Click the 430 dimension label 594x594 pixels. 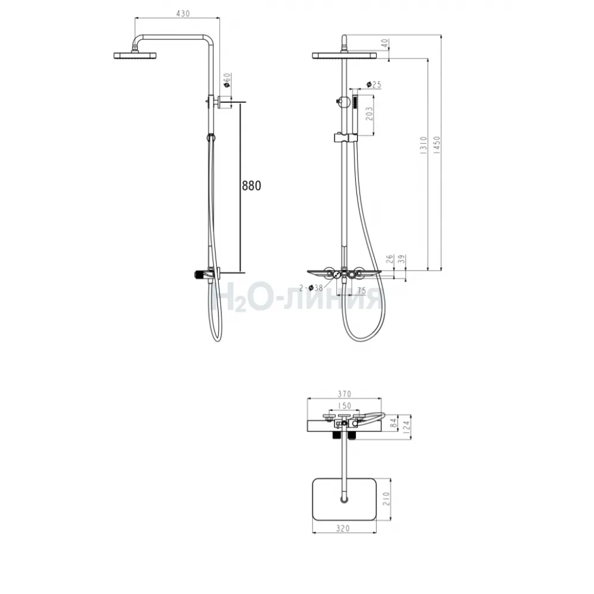(183, 14)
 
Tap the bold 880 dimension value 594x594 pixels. (251, 185)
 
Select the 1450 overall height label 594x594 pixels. (437, 145)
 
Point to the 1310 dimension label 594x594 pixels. (424, 145)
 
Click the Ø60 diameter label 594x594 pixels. (227, 80)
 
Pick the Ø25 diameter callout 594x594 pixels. (374, 84)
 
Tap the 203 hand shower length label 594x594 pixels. (369, 113)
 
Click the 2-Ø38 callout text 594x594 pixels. (311, 288)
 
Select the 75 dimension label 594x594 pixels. (361, 290)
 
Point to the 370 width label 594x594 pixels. (345, 394)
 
